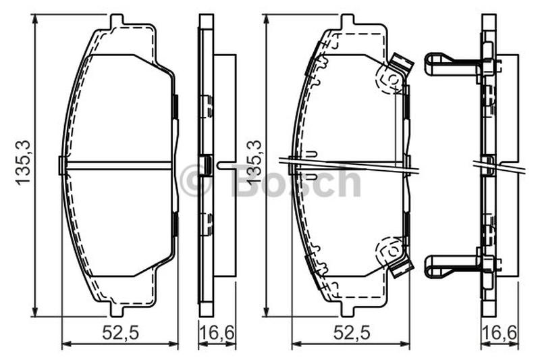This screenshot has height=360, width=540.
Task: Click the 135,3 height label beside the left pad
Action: click(24, 163)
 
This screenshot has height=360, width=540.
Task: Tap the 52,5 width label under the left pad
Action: click(120, 333)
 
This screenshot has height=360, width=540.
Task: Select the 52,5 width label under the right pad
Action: click(351, 333)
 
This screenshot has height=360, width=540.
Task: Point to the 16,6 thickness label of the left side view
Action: click(217, 333)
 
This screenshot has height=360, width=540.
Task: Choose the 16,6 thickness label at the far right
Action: click(500, 333)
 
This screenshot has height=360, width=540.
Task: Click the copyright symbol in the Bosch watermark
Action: click(195, 180)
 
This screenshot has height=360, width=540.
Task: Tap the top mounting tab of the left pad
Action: click(117, 21)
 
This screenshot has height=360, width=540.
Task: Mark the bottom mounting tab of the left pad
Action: click(117, 310)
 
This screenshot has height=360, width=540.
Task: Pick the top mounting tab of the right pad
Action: click(347, 21)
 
